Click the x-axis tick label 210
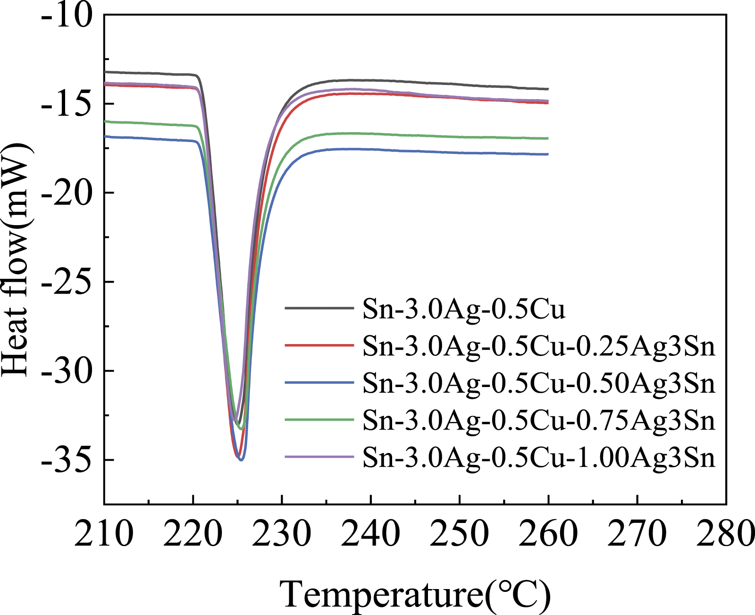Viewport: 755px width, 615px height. [104, 534]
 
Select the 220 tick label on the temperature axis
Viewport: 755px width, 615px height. [193, 534]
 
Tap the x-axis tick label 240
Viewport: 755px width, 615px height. [371, 534]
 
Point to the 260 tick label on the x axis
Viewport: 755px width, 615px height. [548, 534]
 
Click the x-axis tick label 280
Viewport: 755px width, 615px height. [726, 534]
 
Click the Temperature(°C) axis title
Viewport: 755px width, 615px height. [415, 594]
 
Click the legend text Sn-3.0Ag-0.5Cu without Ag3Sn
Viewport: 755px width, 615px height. [464, 309]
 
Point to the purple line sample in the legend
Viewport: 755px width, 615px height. [319, 456]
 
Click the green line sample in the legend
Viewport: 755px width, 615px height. [319, 419]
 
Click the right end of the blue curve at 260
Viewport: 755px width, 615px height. [547, 154]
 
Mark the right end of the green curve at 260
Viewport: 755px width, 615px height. [547, 138]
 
